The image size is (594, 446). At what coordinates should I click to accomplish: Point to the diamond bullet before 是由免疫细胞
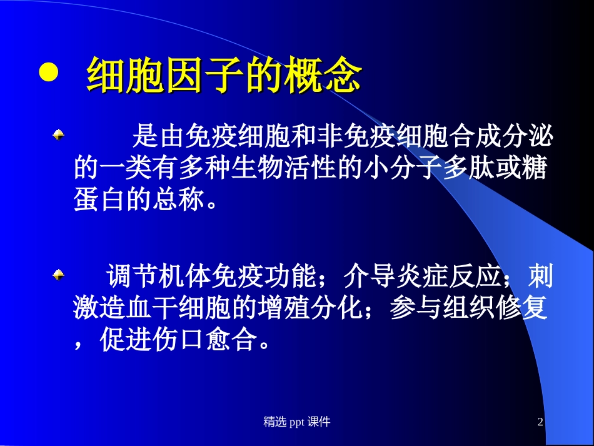coord(58,134)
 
